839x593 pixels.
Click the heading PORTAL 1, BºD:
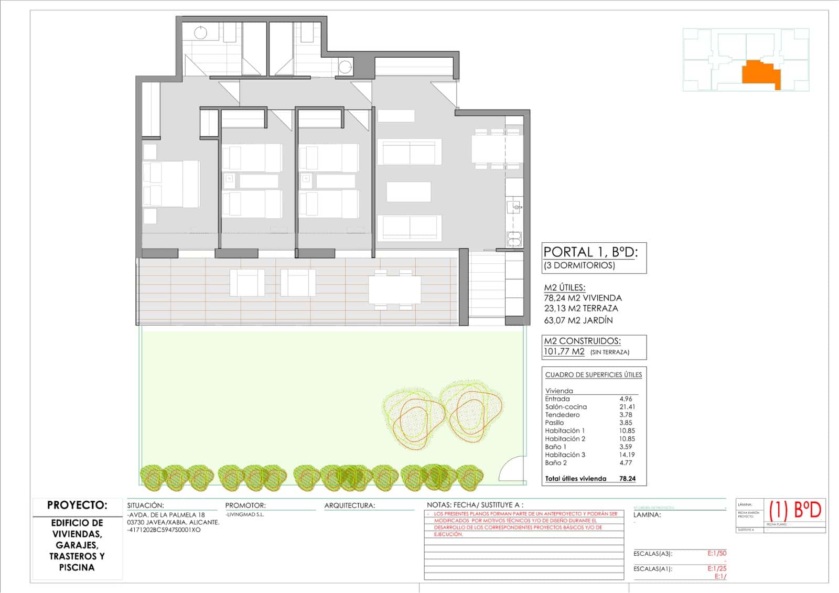click(590, 252)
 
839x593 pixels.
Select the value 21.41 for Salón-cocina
click(627, 407)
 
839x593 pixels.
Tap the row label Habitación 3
click(565, 455)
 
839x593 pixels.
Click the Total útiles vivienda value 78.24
click(627, 479)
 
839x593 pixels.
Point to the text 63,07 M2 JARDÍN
click(578, 320)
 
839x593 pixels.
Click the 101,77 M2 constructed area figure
click(564, 352)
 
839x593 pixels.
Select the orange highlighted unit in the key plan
click(760, 73)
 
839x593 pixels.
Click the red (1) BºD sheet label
click(795, 510)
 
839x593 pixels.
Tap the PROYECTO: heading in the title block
click(77, 505)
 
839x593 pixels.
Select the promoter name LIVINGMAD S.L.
click(245, 515)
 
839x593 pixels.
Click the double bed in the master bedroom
click(171, 183)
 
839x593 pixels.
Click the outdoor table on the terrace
click(394, 289)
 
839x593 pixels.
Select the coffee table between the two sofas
click(408, 192)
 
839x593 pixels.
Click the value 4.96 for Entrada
click(626, 399)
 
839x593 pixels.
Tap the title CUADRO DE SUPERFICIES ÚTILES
click(593, 375)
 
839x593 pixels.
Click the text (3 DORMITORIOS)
click(579, 265)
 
